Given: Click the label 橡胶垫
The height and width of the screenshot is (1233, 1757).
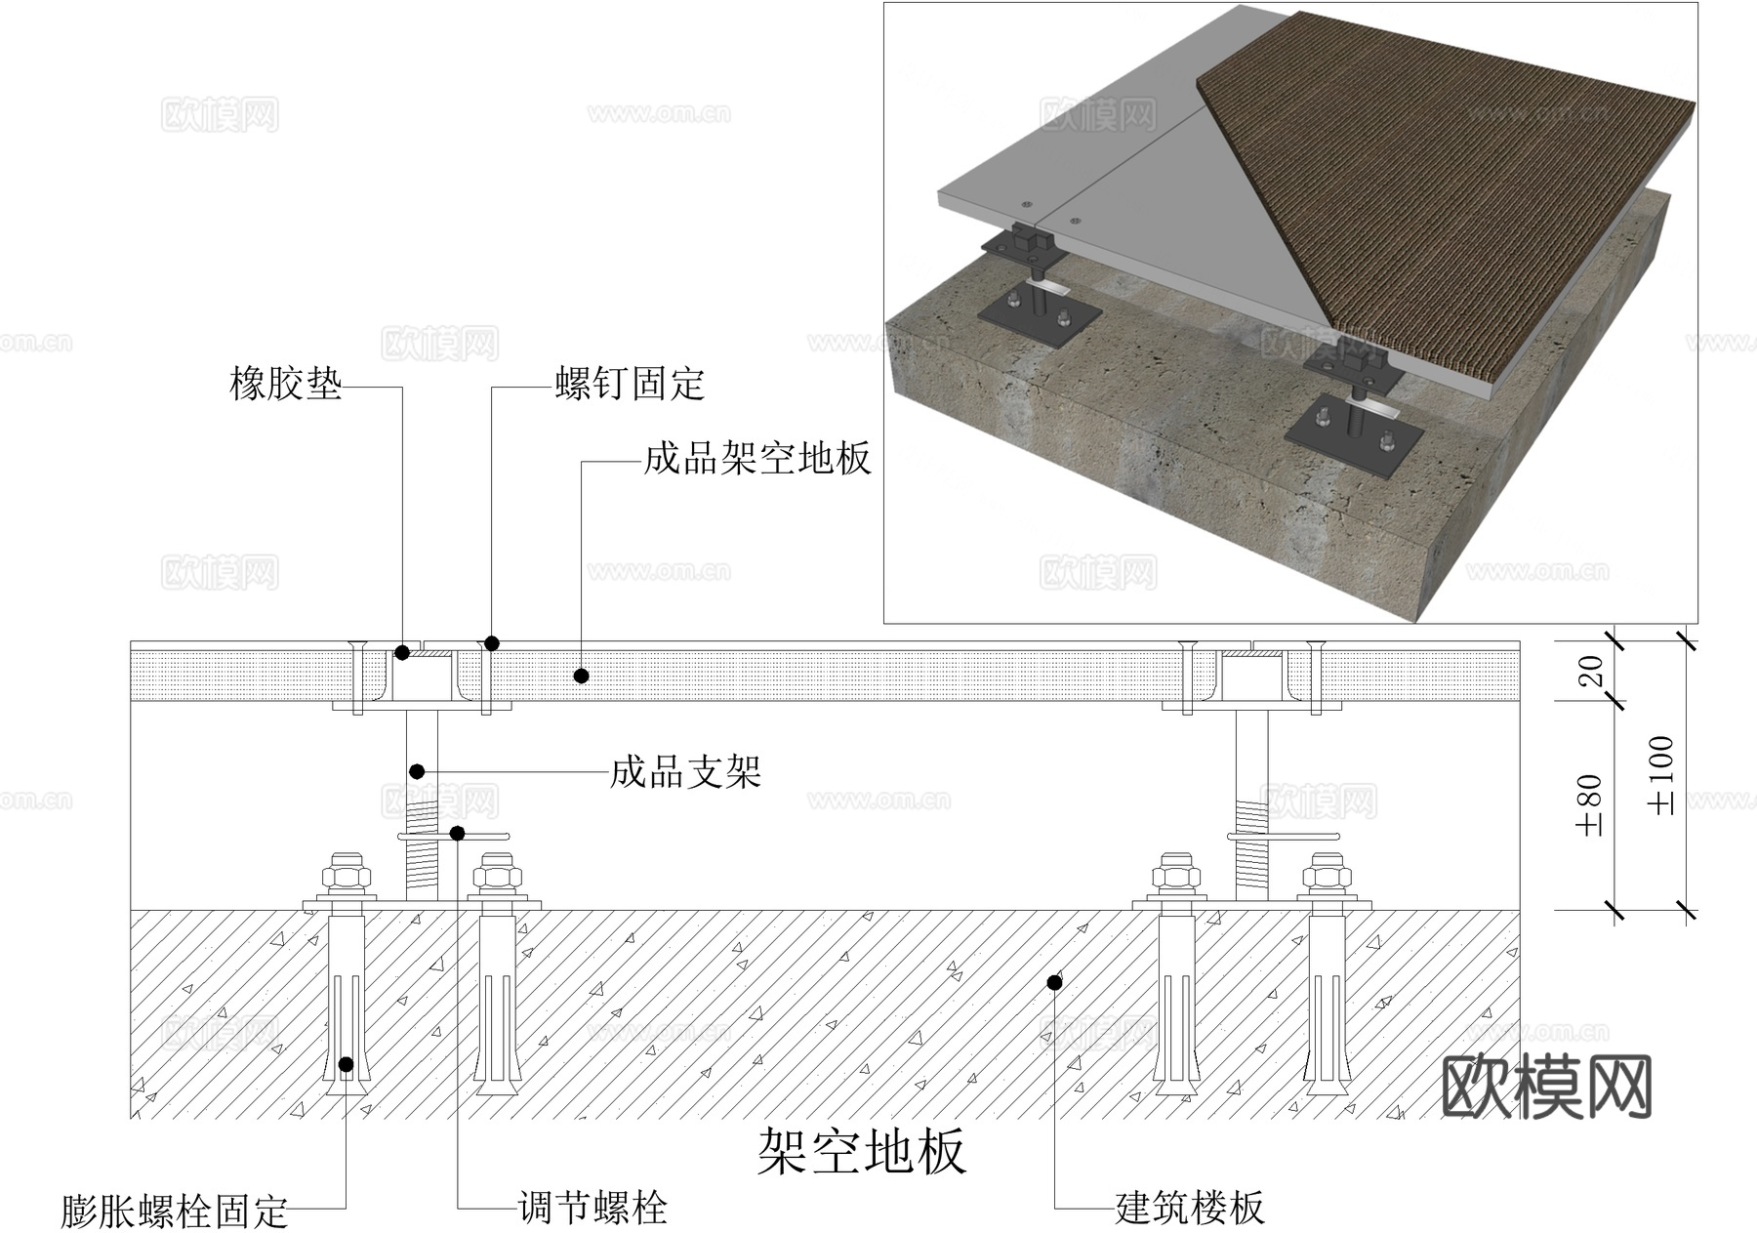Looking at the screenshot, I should click(285, 384).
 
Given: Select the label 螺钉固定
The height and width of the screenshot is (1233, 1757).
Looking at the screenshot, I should click(630, 384).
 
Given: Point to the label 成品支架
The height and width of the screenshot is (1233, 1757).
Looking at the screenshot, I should click(685, 772).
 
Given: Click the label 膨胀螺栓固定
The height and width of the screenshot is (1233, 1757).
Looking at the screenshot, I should click(174, 1212).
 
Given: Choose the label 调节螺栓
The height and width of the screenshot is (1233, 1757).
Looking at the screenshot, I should click(592, 1209).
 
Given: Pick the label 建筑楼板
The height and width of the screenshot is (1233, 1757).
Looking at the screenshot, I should click(1189, 1209).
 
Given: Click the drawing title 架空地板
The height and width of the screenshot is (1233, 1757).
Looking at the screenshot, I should click(861, 1151).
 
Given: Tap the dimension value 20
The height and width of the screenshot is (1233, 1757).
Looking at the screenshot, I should click(1590, 671).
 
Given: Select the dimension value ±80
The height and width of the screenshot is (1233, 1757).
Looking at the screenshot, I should click(1588, 805).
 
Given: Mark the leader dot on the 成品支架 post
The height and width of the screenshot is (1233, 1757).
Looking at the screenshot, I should click(417, 771).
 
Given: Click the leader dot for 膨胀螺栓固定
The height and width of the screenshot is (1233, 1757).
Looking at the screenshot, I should click(346, 1064).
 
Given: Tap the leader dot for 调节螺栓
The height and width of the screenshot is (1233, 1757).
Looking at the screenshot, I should click(457, 833).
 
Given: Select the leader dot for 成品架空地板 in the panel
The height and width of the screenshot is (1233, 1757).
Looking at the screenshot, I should click(581, 676).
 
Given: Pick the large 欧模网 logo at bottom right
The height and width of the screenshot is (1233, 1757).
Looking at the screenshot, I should click(1546, 1086).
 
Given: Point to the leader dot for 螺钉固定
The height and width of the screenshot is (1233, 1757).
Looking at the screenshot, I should click(492, 643).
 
